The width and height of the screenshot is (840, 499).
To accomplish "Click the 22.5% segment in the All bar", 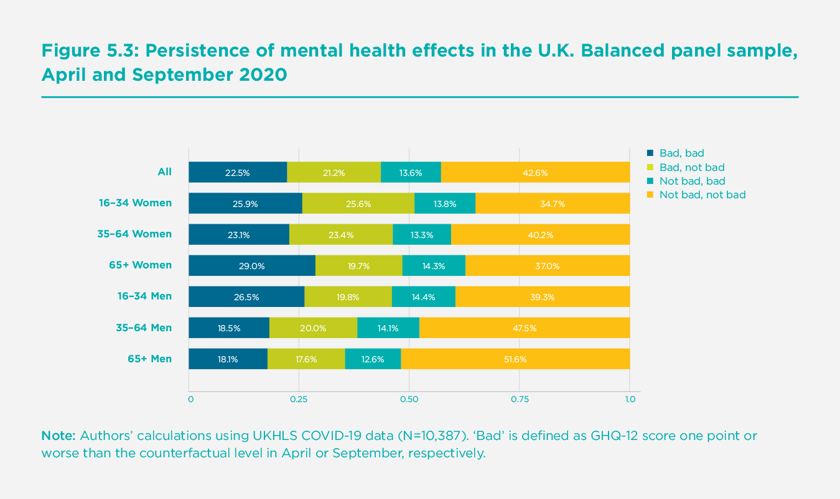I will coord(238,173).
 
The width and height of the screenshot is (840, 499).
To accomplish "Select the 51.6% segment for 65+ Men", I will coord(515,359).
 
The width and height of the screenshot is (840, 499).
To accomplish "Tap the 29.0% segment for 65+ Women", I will coord(252,266).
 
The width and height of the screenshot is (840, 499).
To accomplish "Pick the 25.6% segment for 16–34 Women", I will coord(358,204).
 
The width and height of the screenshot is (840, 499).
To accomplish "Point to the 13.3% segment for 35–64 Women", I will coord(422,235).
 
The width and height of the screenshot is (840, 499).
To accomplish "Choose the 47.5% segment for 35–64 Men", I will coord(525,328).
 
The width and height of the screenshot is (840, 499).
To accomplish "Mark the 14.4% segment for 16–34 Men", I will coord(424,297).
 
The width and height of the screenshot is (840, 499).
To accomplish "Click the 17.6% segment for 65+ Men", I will coord(306,359).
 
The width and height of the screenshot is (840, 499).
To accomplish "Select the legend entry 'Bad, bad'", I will coord(681,153).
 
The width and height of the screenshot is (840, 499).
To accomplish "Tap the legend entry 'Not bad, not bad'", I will coord(702,195).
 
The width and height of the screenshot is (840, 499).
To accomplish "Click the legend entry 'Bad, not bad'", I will coord(691,167).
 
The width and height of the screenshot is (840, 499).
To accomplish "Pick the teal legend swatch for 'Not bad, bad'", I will coord(651,181).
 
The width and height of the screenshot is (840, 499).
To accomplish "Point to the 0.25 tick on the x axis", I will coord(299,399).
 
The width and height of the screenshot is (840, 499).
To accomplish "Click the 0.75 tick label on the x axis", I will coord(520,399).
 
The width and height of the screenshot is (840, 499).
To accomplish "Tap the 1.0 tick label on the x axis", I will coord(630,399).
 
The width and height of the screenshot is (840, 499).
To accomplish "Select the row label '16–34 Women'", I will coord(135,203).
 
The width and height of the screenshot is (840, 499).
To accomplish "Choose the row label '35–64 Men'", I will coord(144,327).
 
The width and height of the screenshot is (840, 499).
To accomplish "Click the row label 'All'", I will coord(164,172).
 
